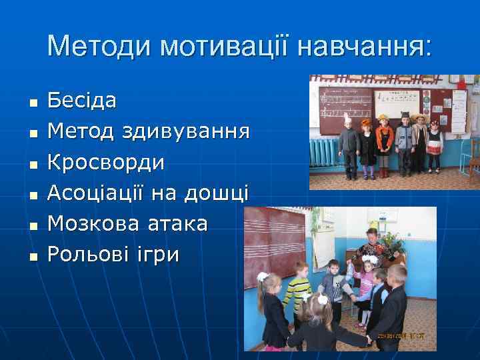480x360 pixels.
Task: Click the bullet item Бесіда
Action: (82, 101)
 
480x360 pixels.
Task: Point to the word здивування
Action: (187, 132)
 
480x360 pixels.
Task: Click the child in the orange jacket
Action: (385, 143)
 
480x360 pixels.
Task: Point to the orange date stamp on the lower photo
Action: (404, 337)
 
